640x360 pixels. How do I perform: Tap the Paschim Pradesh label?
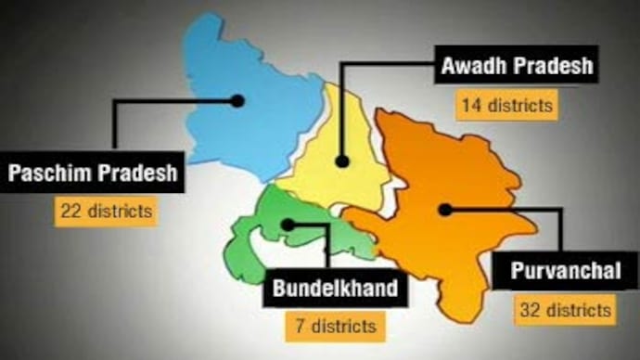pos(92,174)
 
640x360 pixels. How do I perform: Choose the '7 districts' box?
pos(331,326)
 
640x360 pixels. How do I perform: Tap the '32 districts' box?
pos(564,309)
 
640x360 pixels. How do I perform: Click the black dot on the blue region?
pos(237,100)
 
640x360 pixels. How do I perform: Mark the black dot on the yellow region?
pos(342,161)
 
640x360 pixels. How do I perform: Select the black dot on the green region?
pos(289,224)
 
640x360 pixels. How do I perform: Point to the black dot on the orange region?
pos(445,210)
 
